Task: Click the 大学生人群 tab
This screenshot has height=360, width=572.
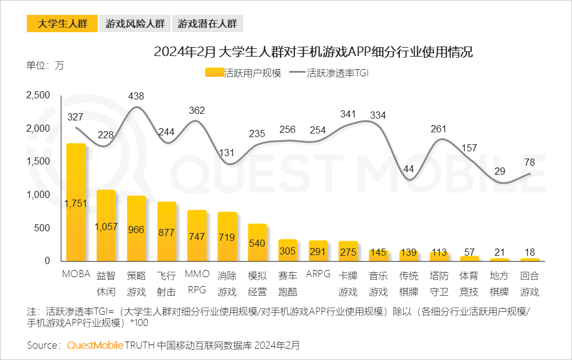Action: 62,24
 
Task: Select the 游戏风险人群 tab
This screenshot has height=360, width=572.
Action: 135,24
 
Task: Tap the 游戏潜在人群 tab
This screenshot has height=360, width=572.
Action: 207,24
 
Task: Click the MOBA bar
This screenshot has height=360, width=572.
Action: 76,203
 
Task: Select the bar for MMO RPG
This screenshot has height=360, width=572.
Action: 197,235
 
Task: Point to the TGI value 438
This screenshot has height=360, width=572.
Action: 136,96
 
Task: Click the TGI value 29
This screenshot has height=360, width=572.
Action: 499,171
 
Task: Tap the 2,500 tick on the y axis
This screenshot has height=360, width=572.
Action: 38,95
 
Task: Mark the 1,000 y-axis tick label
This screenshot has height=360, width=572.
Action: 38,195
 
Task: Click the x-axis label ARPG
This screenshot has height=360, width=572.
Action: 318,274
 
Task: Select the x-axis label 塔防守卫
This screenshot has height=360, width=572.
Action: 439,283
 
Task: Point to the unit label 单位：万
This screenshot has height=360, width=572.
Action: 45,65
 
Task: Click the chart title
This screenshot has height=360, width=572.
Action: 313,52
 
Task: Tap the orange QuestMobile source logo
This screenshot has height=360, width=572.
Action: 95,345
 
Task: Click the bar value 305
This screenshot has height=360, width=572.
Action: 288,251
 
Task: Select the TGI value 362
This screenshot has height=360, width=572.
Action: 197,110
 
